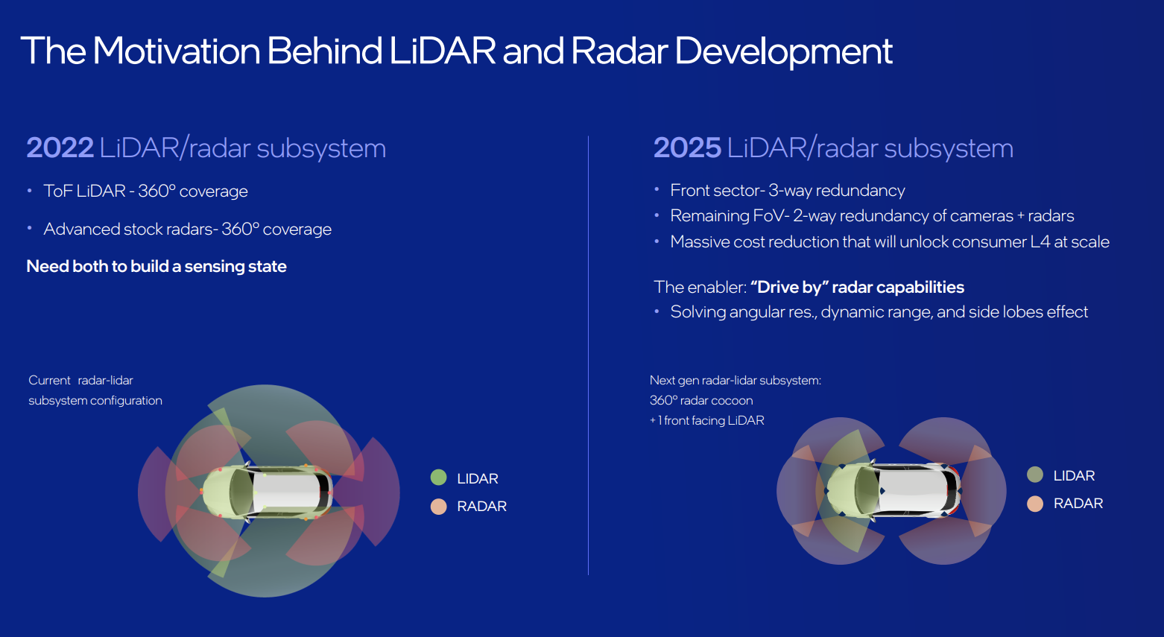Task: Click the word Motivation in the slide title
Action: click(176, 51)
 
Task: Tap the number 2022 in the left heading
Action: click(60, 148)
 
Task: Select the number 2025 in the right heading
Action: click(687, 148)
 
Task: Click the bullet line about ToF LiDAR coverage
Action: click(145, 191)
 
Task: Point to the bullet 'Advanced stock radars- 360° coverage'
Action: click(187, 229)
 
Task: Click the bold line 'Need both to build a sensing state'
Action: click(156, 267)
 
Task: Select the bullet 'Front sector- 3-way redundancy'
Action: click(787, 191)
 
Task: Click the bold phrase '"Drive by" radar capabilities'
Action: click(858, 288)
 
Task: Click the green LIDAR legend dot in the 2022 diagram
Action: click(439, 478)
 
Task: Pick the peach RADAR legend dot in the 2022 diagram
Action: click(439, 507)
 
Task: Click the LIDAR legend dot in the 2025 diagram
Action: click(1035, 475)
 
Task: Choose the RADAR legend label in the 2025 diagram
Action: click(1078, 504)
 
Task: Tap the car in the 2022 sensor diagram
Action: click(267, 492)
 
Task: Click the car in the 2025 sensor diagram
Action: click(893, 490)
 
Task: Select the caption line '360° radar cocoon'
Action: click(701, 401)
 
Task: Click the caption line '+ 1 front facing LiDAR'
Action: click(706, 420)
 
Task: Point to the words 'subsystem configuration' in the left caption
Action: click(95, 401)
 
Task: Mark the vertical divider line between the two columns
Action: click(588, 355)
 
